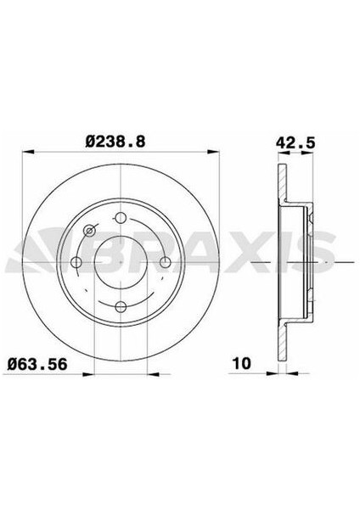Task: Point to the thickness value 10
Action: [x=241, y=366]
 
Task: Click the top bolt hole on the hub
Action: [x=121, y=215]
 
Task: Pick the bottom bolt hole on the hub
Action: [x=121, y=306]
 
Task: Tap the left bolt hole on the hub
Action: [x=76, y=260]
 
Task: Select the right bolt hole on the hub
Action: [x=167, y=260]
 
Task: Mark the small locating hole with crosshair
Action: [x=90, y=230]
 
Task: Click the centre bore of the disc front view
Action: [x=121, y=260]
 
